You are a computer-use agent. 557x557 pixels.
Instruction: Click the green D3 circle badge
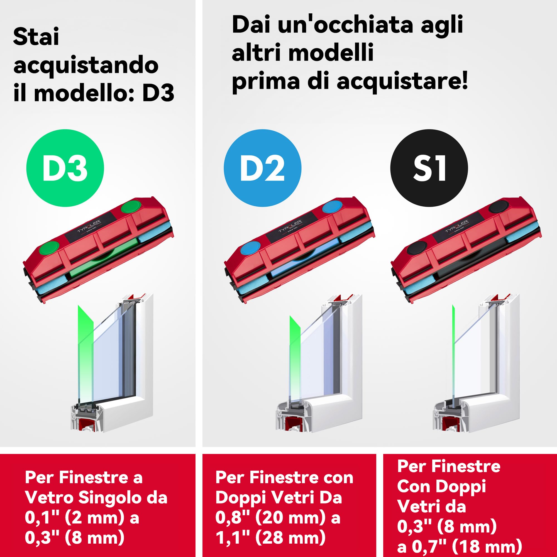click(x=65, y=168)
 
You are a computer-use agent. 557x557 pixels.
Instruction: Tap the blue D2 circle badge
click(x=262, y=168)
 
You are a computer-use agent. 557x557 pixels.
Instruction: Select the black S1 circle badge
click(x=429, y=168)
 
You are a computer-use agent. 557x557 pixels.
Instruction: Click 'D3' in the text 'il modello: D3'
click(x=158, y=93)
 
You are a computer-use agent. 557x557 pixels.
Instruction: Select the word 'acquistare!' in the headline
click(x=402, y=81)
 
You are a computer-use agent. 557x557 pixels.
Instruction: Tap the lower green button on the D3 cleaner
click(x=49, y=247)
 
